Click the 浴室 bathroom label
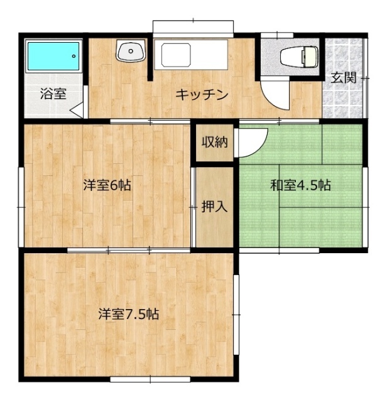pyautogui.click(x=53, y=95)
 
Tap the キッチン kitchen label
pyautogui.click(x=201, y=95)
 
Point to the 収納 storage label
pyautogui.click(x=214, y=142)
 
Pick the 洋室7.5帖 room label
pyautogui.click(x=128, y=314)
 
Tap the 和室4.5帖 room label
pyautogui.click(x=300, y=185)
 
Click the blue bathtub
pyautogui.click(x=53, y=58)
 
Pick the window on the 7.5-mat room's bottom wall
pyautogui.click(x=141, y=379)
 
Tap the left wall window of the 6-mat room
pyautogui.click(x=21, y=187)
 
